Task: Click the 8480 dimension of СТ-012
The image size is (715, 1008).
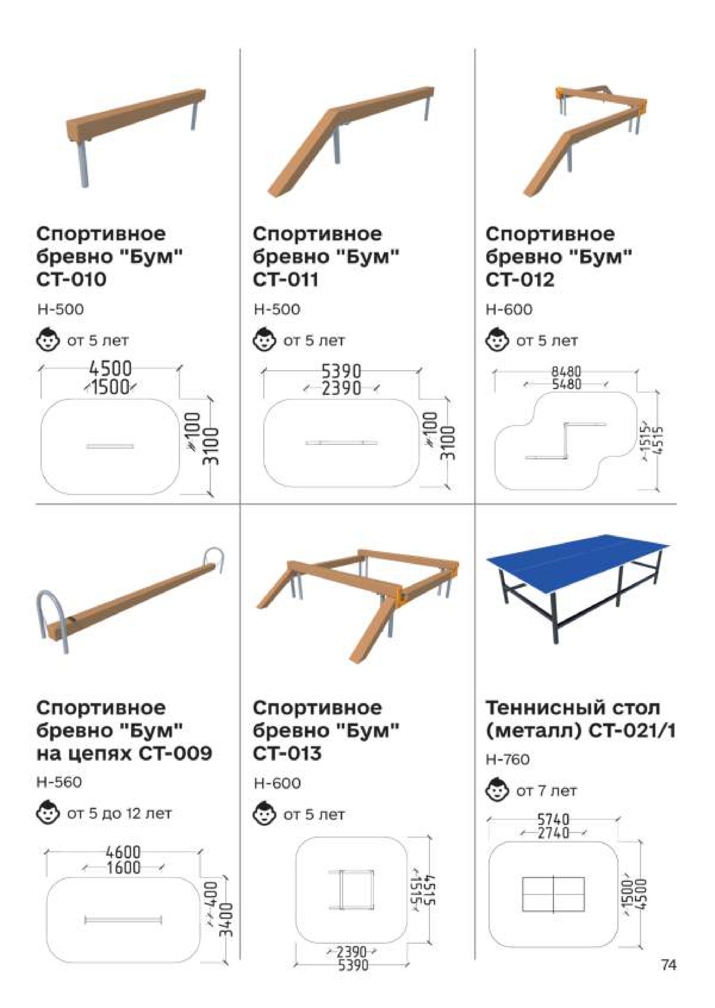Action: pos(566,372)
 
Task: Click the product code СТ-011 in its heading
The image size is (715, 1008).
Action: pos(286,280)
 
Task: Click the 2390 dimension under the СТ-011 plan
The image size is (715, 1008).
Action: pos(341,388)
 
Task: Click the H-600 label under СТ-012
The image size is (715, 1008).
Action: pos(509,309)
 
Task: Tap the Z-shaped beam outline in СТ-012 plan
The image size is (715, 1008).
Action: pos(566,441)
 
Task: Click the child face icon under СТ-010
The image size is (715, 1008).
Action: pos(47,340)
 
